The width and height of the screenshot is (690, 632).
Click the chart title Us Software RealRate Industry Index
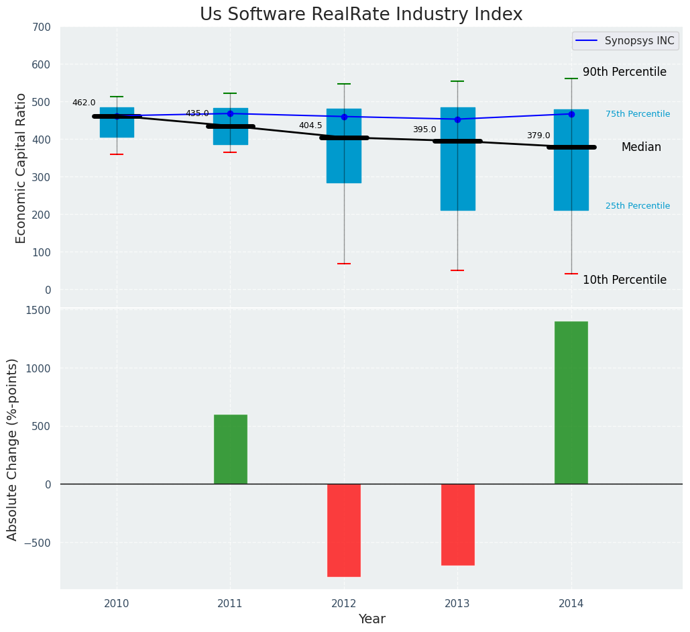[361, 15]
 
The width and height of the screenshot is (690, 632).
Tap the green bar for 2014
[571, 403]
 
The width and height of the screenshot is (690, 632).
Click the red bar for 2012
[344, 530]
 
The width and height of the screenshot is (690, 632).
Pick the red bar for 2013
[458, 524]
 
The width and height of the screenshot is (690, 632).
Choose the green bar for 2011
[231, 449]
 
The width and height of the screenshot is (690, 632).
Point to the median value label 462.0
[84, 103]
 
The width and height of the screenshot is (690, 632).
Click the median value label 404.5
[310, 125]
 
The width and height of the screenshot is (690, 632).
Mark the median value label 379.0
[538, 136]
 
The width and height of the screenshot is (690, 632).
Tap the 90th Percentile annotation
[624, 72]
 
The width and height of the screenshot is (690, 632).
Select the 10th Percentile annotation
[624, 280]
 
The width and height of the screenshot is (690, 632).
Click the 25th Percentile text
[638, 207]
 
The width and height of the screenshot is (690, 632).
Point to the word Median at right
[641, 148]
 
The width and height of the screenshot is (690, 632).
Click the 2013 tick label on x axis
[457, 604]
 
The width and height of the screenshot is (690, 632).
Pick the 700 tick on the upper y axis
[40, 28]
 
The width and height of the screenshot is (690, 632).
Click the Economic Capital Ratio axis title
[21, 168]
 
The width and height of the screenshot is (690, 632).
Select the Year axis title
[371, 619]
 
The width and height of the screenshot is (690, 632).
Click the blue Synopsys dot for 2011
[230, 113]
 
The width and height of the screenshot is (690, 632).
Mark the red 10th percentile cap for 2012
[344, 264]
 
